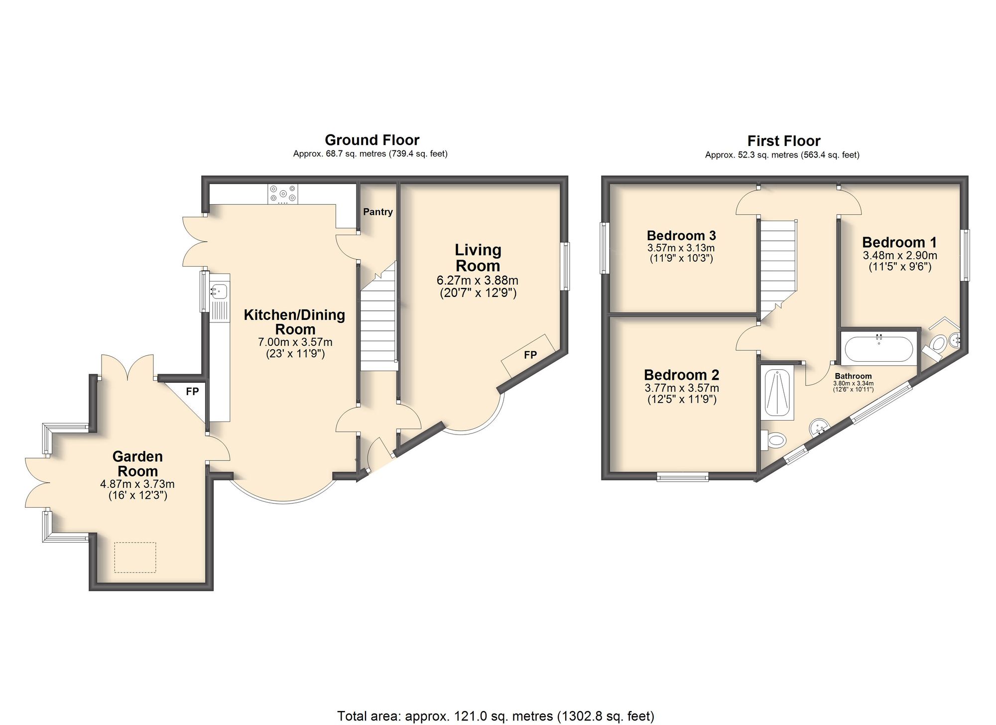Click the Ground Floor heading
tap(372, 140)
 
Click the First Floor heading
tap(783, 141)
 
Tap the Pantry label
tap(377, 212)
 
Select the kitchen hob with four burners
tap(283, 194)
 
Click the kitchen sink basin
tap(220, 290)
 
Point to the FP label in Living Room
tap(530, 355)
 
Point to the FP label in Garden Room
tap(192, 392)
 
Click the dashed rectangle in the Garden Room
tap(135, 557)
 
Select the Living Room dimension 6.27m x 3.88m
tap(477, 281)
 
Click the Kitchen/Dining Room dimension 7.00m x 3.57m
tap(295, 342)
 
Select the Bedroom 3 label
tap(681, 235)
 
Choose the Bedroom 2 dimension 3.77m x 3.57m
tap(681, 388)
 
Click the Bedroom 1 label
tap(899, 242)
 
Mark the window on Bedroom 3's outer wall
tap(605, 248)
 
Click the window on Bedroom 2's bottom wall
tap(683, 477)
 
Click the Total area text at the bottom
tap(496, 716)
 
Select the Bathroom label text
tap(853, 376)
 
